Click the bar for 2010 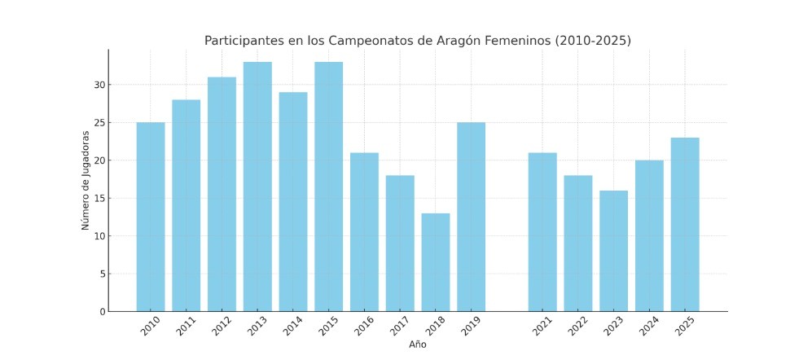(x=151, y=217)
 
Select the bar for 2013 (x=257, y=187)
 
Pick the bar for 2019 (x=471, y=217)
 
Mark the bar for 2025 (x=685, y=224)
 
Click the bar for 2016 (x=364, y=232)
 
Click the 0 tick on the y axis (x=101, y=311)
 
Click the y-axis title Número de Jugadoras (x=86, y=180)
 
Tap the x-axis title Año (x=417, y=345)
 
